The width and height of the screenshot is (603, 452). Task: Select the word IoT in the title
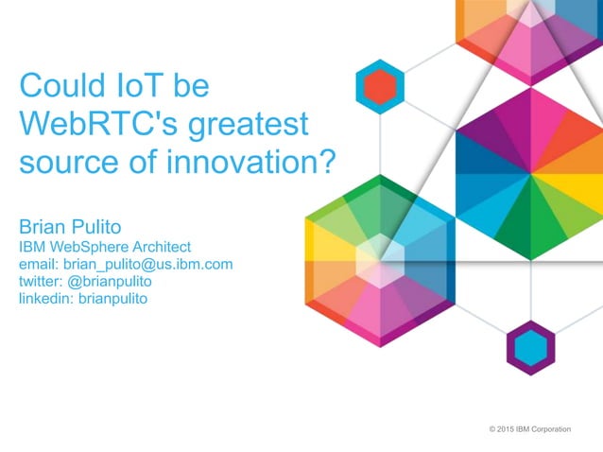point(141,87)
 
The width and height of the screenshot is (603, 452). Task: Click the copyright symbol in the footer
point(492,429)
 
